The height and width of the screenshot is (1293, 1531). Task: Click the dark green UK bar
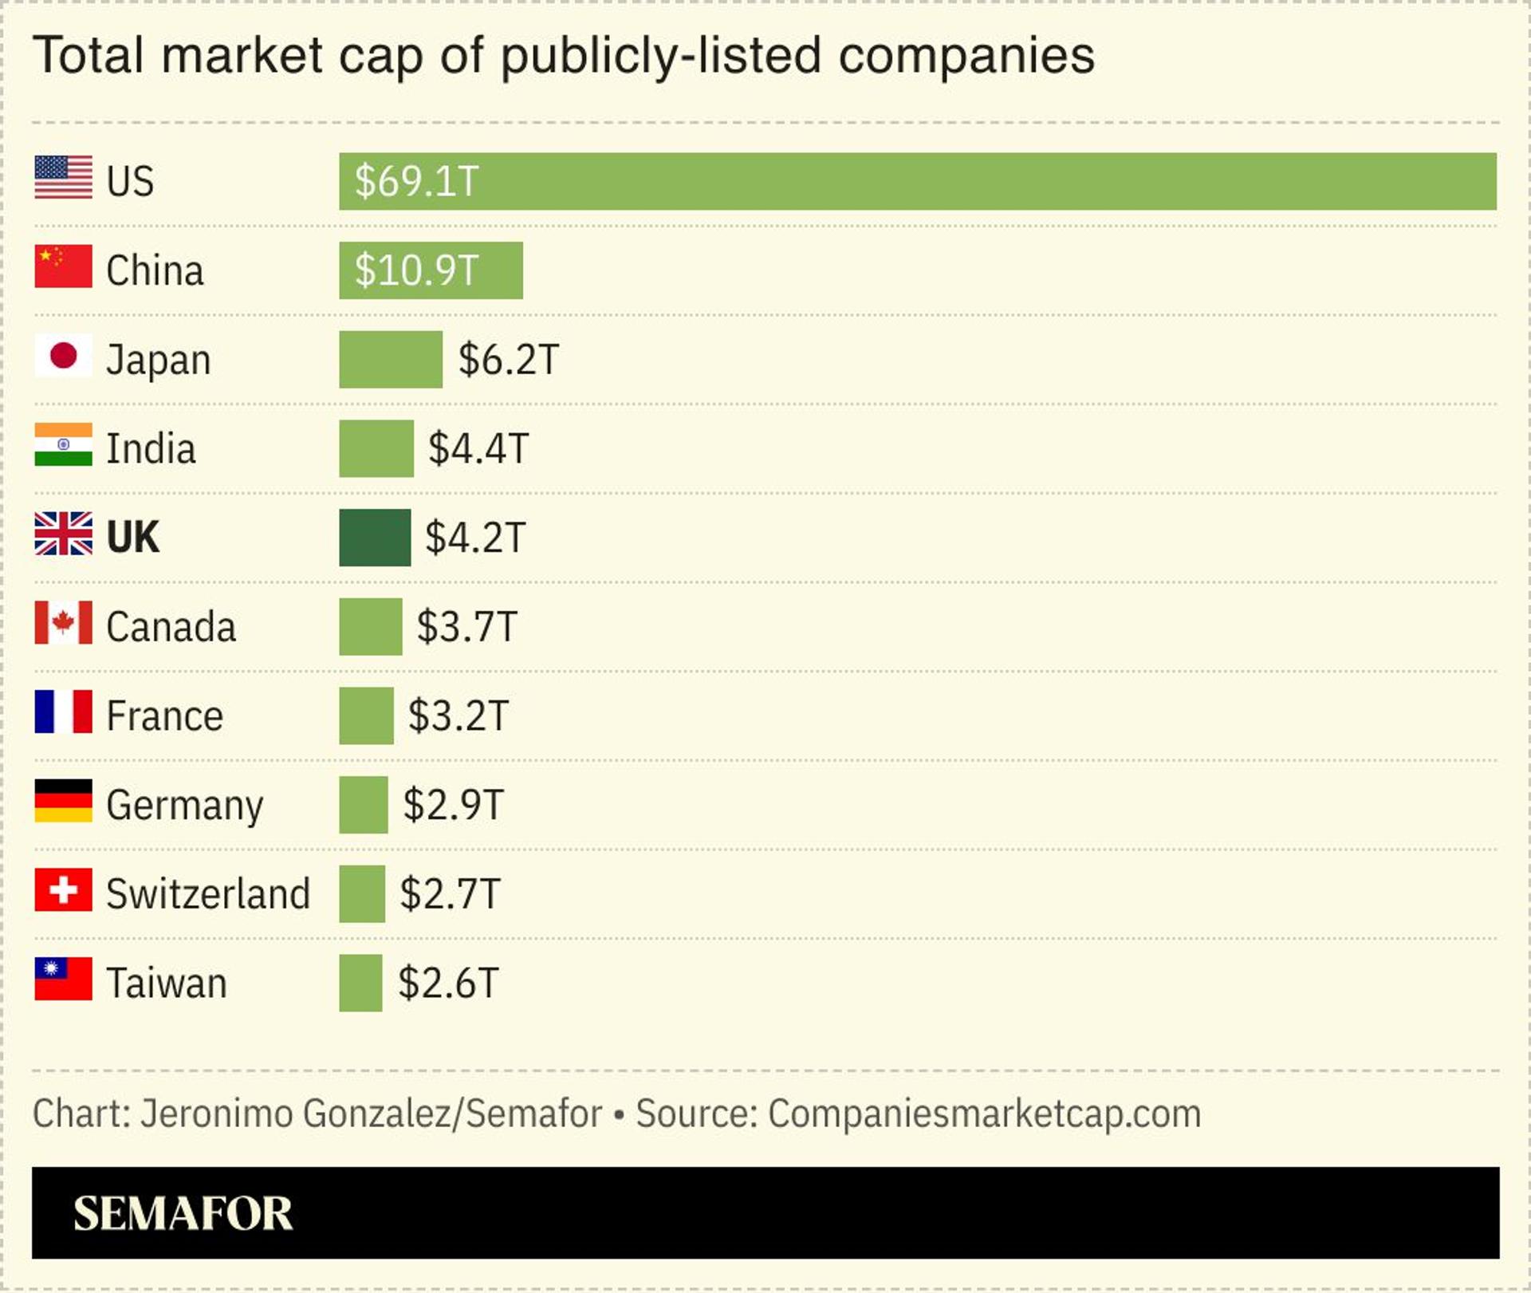[375, 538]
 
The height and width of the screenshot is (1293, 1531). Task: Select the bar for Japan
[391, 360]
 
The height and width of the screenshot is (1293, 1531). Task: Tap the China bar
[431, 270]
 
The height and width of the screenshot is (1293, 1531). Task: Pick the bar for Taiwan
[360, 983]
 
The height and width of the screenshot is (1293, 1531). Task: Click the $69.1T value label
[416, 181]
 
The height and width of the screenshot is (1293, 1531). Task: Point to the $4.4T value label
[478, 448]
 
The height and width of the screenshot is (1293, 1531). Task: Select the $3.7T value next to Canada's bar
[467, 627]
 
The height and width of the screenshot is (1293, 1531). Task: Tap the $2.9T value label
[454, 805]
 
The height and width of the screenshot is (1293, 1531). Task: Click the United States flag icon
[63, 177]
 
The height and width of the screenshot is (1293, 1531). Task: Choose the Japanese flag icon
[63, 356]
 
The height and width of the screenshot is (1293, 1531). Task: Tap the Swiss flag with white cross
[63, 890]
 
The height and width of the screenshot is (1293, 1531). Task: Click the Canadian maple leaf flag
[63, 623]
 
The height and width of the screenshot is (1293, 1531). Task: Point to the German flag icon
[63, 801]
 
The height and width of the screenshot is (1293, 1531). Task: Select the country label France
[164, 715]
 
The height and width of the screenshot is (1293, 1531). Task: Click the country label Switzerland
[208, 893]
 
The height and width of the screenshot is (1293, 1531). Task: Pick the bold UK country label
[132, 538]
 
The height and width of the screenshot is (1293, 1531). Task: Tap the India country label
[151, 448]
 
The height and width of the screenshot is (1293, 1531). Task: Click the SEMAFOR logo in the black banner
[183, 1213]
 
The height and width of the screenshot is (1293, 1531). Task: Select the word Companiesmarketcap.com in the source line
[984, 1114]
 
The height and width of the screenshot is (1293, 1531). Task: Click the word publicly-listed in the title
[661, 56]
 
